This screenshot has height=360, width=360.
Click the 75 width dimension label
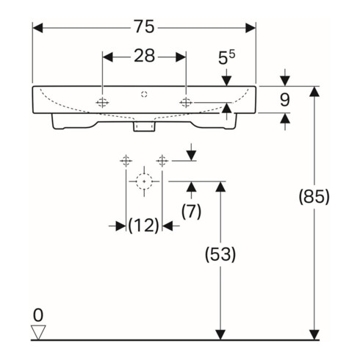(144, 26)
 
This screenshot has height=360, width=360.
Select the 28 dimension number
(145, 56)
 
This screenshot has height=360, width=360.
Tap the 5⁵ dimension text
(226, 57)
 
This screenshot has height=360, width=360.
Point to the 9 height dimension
(284, 100)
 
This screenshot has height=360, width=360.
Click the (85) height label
(314, 197)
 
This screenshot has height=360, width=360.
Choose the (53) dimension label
(220, 254)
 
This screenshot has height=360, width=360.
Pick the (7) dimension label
(191, 211)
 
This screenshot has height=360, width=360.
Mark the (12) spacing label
(144, 226)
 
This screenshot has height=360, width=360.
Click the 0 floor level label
(38, 315)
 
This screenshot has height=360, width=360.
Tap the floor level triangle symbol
(38, 332)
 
